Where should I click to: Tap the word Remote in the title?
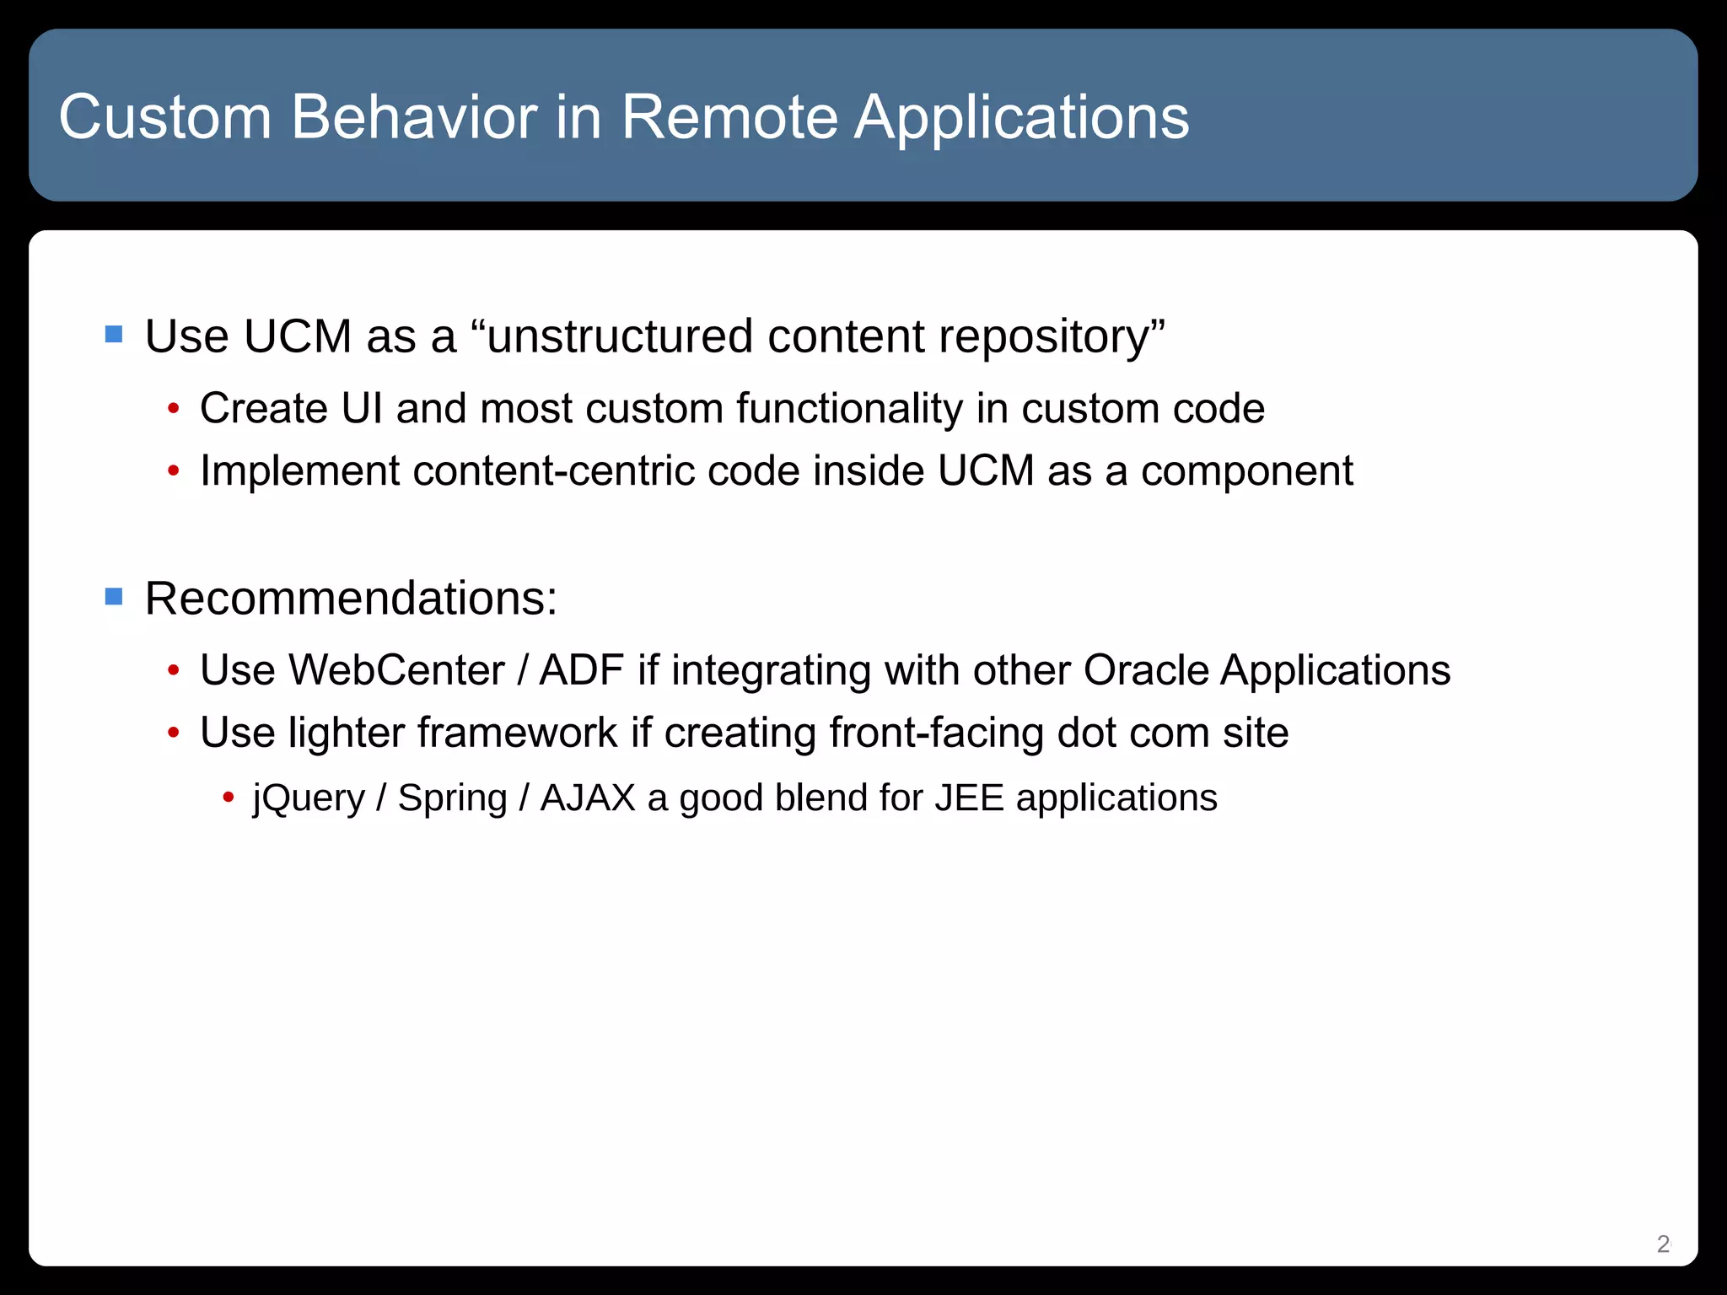tap(729, 116)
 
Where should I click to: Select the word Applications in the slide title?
tap(1021, 116)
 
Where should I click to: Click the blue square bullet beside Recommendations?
tap(114, 597)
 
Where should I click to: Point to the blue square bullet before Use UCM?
tap(114, 335)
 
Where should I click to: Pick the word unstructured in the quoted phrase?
tap(620, 336)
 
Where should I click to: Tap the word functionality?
tap(849, 409)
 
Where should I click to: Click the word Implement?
tap(299, 471)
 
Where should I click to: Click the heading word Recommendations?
tap(350, 599)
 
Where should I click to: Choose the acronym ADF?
tap(581, 671)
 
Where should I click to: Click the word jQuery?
tap(308, 798)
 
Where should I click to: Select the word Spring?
tap(452, 798)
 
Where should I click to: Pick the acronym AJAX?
tap(588, 798)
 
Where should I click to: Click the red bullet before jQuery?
tap(228, 797)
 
